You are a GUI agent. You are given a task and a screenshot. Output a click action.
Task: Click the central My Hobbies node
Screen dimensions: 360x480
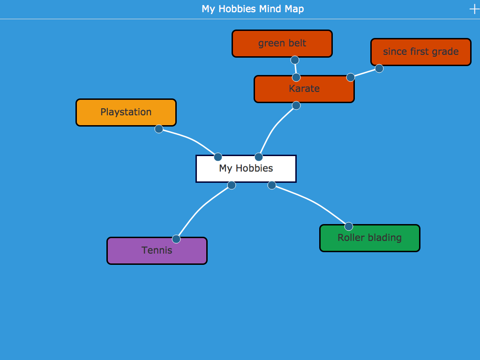coord(246,168)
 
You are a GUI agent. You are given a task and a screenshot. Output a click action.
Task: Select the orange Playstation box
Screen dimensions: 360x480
coord(126,112)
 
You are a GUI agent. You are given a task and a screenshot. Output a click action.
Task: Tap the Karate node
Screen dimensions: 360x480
coord(304,89)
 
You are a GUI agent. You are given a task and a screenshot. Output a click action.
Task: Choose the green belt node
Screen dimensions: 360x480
coord(282,44)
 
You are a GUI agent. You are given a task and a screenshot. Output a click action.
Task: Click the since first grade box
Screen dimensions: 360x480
coord(420,52)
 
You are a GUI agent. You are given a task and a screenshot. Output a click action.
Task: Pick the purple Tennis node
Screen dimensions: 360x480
coord(157,251)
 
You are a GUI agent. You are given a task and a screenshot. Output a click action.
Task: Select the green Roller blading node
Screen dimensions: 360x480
coord(369,238)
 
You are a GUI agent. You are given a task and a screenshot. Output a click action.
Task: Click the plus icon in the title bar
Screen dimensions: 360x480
coord(474,9)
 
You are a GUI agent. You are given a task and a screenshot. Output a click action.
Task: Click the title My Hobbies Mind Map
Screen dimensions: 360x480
coord(253,9)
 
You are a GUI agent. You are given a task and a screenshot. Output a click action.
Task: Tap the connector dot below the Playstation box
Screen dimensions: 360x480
coord(159,129)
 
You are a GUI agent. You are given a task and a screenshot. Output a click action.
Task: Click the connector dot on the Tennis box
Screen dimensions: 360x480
coord(176,239)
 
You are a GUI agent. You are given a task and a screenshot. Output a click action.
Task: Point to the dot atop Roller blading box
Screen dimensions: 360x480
coord(349,226)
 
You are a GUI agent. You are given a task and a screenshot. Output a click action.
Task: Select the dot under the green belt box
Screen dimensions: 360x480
coord(295,60)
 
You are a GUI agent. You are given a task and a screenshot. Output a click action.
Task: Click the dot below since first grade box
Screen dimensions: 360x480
coord(379,68)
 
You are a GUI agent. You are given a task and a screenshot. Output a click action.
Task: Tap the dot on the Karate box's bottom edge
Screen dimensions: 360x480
coord(296,105)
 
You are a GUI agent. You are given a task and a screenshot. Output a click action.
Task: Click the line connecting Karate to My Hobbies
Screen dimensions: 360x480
coord(274,127)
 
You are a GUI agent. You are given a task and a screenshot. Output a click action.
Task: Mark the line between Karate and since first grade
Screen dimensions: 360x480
coord(365,73)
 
